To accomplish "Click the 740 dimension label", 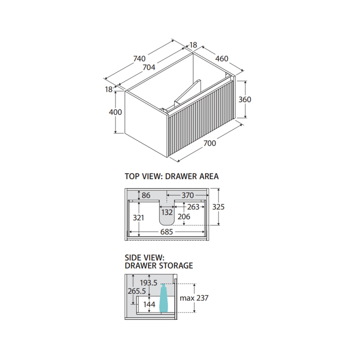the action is click(140, 59).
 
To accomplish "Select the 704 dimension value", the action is click(149, 67).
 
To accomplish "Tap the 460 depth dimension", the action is click(222, 59).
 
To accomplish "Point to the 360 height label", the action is click(245, 99).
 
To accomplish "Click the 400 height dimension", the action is click(115, 112).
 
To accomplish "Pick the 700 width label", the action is click(210, 143).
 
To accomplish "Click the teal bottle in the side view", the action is click(164, 298).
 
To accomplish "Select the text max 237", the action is click(194, 298).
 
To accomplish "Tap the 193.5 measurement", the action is click(149, 283).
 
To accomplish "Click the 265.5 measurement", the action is click(137, 291).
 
